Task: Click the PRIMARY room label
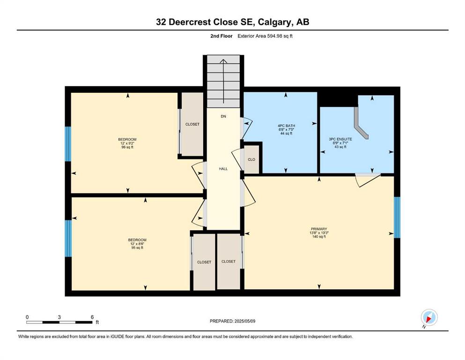click(x=319, y=229)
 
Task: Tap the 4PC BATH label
click(x=286, y=126)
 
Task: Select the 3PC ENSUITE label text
click(x=340, y=139)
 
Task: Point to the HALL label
click(x=223, y=169)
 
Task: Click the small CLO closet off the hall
click(x=251, y=159)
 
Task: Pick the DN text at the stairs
click(x=223, y=116)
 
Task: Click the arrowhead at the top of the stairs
click(x=223, y=61)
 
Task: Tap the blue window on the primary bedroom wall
click(x=397, y=217)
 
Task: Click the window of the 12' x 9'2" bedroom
click(x=68, y=144)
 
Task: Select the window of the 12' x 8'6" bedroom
click(x=68, y=238)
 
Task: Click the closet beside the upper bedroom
click(x=192, y=124)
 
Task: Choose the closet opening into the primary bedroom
click(x=229, y=261)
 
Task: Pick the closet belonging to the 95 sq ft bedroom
click(x=204, y=262)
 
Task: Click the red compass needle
click(x=428, y=319)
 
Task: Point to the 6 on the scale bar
click(x=92, y=317)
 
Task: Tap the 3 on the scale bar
click(x=59, y=317)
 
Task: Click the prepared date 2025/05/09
click(x=244, y=321)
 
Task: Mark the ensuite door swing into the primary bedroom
click(x=368, y=180)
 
